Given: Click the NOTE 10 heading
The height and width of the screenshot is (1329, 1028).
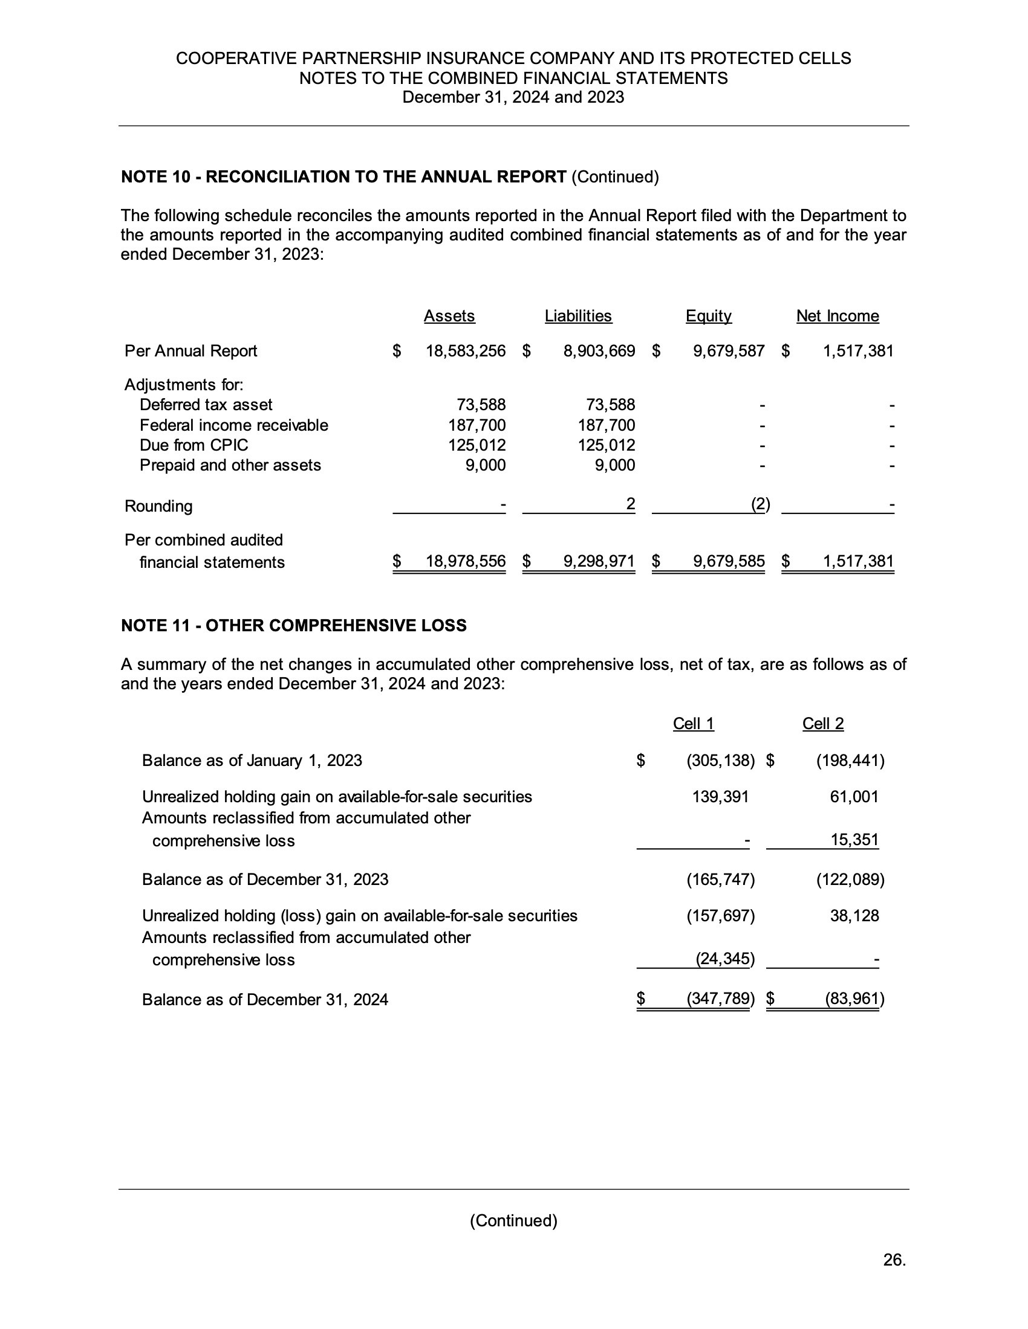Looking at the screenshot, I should coord(390,177).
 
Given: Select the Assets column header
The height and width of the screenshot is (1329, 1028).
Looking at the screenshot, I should coord(449,316).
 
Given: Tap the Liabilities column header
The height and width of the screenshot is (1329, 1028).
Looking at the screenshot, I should coord(578,316).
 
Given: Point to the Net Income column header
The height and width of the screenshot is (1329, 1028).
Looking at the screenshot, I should coord(838,316).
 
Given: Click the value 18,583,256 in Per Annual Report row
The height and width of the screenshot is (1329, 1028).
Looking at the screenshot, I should coord(465,351).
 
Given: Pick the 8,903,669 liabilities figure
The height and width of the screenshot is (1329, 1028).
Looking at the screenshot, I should coord(599,351).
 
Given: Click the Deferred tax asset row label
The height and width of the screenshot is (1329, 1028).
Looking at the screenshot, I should coord(206,405).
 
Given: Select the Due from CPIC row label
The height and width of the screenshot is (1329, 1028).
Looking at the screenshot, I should coord(194,445).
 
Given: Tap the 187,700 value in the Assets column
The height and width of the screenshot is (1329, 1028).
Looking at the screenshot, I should coord(477,425).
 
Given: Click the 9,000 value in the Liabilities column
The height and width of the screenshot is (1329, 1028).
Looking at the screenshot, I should coord(614,466).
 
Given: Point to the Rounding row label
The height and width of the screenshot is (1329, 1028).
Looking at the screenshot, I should coord(158,506).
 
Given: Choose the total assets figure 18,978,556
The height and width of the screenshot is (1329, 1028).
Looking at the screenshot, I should coord(465,561).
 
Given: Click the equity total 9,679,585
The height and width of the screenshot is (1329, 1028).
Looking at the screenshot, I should coord(729,561).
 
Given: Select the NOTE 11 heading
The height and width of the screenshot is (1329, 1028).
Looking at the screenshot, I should coord(293,626).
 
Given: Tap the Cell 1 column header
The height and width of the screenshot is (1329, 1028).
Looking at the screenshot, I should coord(693,724).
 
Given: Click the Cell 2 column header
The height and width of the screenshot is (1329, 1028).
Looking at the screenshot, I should coord(823,724).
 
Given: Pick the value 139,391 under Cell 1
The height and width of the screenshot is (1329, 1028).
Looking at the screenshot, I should coord(720,797).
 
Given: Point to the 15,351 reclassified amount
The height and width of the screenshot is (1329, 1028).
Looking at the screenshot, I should coord(854,840).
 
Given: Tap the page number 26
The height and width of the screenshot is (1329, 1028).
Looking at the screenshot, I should coord(894,1260).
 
